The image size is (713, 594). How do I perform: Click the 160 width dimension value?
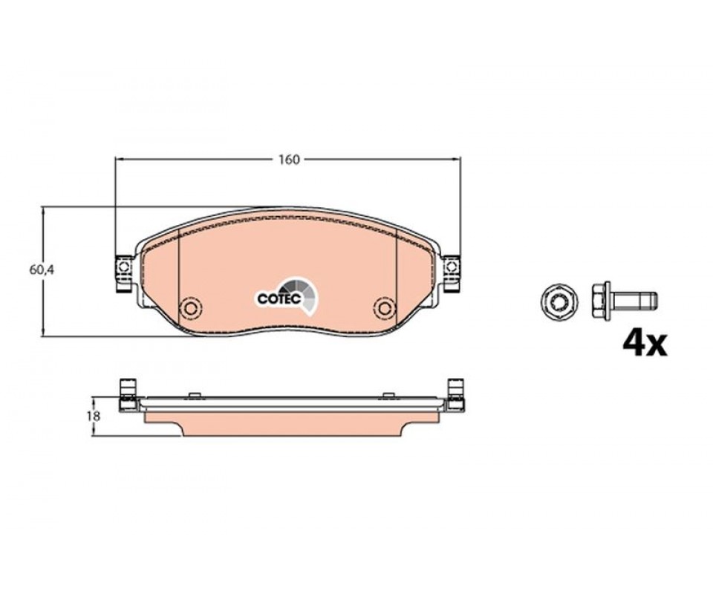[290, 160]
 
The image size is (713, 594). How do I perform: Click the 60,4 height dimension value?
[42, 270]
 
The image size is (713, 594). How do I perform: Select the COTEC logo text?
[279, 298]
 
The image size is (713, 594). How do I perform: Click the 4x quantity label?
[645, 344]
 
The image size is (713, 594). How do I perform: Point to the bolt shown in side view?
[625, 301]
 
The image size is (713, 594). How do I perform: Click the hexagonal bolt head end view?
[558, 301]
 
